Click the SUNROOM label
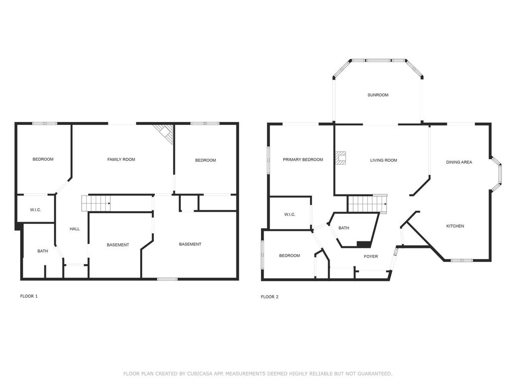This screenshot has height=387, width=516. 378,95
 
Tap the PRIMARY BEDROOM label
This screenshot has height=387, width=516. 303,160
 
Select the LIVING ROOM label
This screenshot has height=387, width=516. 383,160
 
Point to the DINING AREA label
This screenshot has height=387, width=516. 459,162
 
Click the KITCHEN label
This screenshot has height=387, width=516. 455,226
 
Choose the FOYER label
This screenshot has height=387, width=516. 371,256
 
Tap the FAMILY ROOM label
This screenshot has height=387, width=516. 121,160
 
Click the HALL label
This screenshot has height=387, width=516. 75,229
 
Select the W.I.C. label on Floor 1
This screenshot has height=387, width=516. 35,210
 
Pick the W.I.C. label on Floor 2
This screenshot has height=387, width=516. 290,215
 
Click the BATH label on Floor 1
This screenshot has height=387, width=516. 43,251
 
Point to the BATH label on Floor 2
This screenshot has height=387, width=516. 344,228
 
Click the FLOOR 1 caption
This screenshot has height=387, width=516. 29,296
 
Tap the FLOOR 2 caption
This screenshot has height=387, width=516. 270,297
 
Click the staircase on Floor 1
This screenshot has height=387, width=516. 96,204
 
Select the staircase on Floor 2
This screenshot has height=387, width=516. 367,205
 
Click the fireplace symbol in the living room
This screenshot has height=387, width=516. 342,158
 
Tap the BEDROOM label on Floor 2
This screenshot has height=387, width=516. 289,255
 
